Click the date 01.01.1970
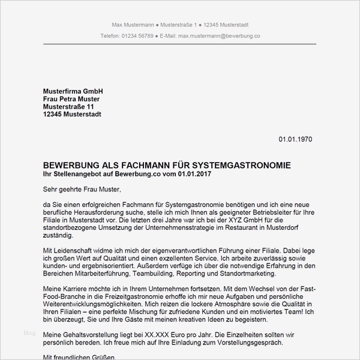pyautogui.click(x=295, y=139)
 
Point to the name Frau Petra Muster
pyautogui.click(x=71, y=98)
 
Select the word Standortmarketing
pyautogui.click(x=246, y=274)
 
